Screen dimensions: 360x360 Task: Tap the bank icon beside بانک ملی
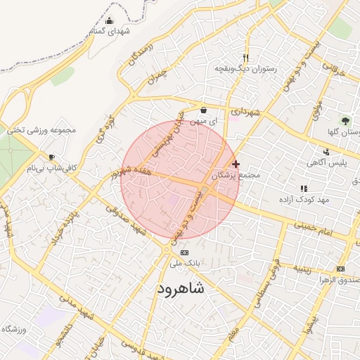[x=184, y=252]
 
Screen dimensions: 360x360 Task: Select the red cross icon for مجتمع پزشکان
[x=236, y=164]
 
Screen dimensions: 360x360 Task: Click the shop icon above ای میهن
[x=203, y=110]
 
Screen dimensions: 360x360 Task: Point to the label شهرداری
[x=246, y=112]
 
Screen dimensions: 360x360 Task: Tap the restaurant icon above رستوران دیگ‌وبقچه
[x=245, y=58]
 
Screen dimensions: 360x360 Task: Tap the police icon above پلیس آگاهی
[x=326, y=152]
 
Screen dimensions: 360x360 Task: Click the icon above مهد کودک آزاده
[x=304, y=188]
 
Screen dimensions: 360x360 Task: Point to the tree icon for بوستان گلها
[x=345, y=121]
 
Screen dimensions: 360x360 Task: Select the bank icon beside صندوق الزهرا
[x=341, y=269]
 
